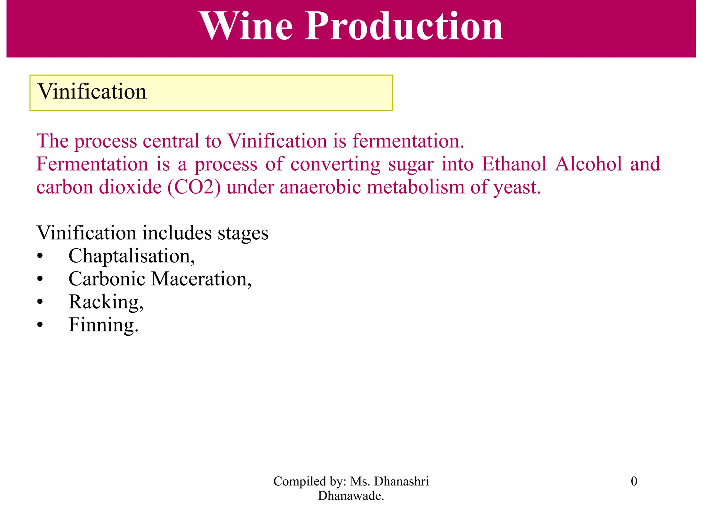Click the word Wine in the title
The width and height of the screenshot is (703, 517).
click(x=246, y=26)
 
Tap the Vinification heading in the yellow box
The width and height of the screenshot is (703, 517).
click(x=92, y=92)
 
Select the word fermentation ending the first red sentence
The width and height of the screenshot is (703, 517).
click(x=408, y=141)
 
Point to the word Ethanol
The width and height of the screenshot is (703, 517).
click(x=514, y=164)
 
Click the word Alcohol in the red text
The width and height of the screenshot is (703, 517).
click(x=588, y=164)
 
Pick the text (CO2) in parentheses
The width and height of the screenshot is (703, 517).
click(x=194, y=187)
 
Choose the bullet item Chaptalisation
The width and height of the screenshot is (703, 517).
click(x=131, y=256)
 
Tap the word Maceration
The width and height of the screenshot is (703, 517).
click(x=201, y=279)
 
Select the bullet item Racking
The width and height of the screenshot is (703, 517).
click(x=106, y=302)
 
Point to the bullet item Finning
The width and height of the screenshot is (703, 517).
click(x=103, y=325)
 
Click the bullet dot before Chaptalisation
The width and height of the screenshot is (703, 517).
click(x=40, y=256)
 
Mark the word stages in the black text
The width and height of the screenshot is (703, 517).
click(x=243, y=233)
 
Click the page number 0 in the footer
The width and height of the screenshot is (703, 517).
click(x=634, y=481)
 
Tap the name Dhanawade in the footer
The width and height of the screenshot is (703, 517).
click(x=350, y=496)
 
